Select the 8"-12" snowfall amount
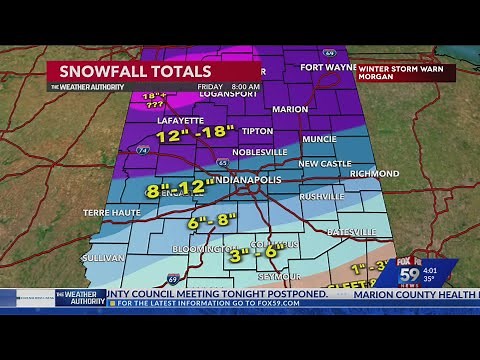180,188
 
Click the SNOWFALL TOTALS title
136,71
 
